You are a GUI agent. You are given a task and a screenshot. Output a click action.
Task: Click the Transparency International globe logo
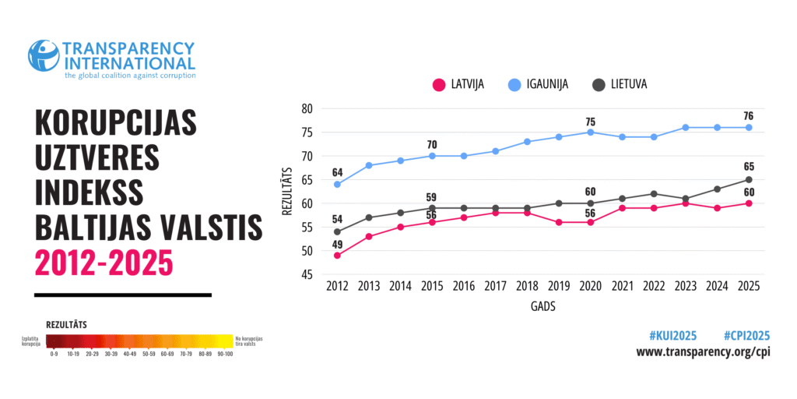pos(44,55)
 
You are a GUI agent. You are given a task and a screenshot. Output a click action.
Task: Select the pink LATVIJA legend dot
pos(438,84)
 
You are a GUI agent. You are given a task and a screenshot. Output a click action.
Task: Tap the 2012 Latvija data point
pos(337,256)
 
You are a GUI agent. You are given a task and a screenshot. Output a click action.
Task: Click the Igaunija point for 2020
pos(591,132)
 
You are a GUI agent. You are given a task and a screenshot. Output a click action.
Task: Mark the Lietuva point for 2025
pos(749,180)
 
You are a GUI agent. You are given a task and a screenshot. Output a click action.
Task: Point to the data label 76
pos(749,116)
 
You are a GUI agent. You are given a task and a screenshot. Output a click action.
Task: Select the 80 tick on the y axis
pos(307,109)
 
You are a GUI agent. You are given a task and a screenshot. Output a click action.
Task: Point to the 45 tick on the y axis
pos(307,274)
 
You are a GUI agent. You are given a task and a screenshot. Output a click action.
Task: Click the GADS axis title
pos(542,307)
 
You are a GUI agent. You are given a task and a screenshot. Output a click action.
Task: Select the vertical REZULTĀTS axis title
pos(286,191)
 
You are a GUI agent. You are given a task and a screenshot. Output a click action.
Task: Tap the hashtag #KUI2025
pos(672,336)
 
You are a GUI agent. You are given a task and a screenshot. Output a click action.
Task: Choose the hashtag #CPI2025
pos(746,336)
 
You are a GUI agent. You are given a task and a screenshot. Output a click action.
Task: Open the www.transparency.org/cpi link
pos(703,352)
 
